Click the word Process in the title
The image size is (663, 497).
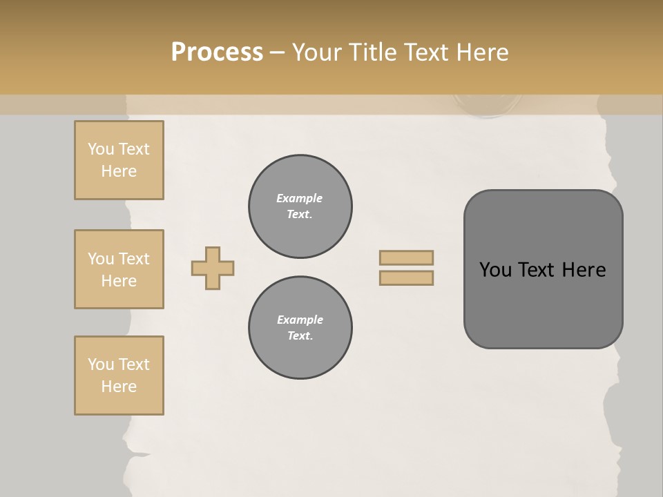[x=217, y=52]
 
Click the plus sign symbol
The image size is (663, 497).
[x=213, y=268]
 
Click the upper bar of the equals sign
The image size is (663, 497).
[x=406, y=257]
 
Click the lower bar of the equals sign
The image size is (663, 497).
[x=406, y=277]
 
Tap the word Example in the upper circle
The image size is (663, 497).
[x=299, y=198]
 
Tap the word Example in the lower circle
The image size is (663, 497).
[x=300, y=320]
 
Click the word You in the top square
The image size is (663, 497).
[x=101, y=149]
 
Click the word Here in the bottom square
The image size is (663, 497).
[x=119, y=387]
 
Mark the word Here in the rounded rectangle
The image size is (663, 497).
[x=584, y=270]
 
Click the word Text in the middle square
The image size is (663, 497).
[x=133, y=259]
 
